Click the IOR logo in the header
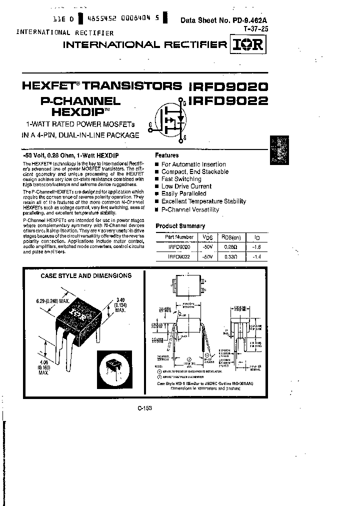248,45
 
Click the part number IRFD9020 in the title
228,85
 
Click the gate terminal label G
150,125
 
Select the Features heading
166,155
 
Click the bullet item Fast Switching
181,179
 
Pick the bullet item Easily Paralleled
183,193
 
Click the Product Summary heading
180,226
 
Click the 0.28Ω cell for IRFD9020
230,247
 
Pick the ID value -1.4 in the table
257,257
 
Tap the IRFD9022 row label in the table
178,257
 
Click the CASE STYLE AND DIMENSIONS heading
85,275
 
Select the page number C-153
144,408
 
